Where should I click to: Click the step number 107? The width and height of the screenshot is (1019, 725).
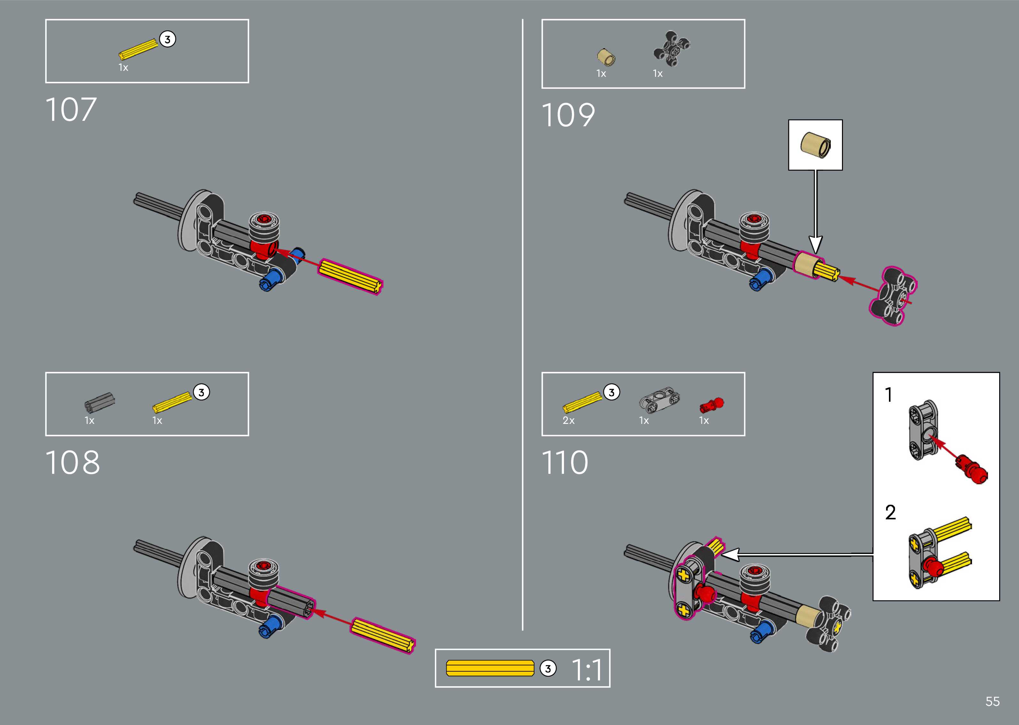click(71, 110)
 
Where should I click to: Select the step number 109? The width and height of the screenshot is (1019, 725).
click(568, 115)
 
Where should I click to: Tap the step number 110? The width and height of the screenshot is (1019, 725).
click(565, 463)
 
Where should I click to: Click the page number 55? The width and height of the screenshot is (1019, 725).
click(992, 702)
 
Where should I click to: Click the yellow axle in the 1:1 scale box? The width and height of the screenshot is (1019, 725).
click(490, 668)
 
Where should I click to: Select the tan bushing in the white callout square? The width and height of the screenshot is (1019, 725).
click(815, 144)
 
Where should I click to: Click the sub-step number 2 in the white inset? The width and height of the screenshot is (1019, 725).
click(890, 512)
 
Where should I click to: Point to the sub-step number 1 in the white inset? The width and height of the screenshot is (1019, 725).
click(889, 395)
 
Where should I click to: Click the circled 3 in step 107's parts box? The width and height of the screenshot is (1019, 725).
click(167, 39)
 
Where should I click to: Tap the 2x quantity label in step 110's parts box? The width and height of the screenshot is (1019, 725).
click(568, 421)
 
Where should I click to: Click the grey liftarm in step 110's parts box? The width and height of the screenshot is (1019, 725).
click(660, 398)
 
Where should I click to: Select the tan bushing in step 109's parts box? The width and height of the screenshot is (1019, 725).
click(606, 57)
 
